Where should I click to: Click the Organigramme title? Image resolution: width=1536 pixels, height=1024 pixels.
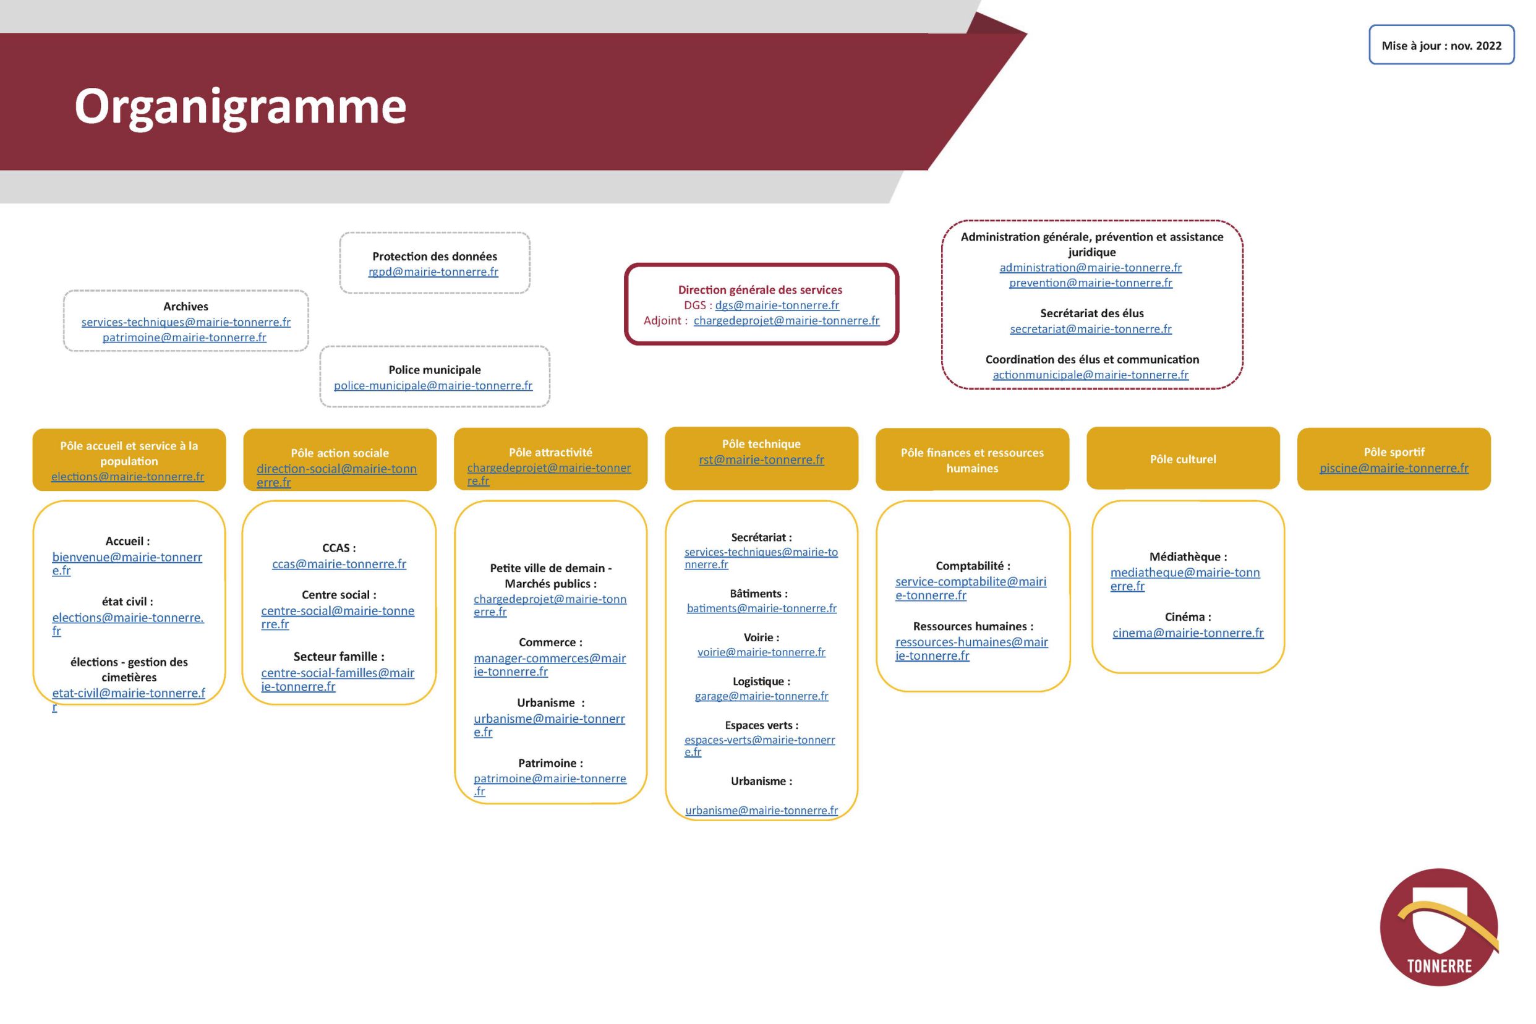coord(240,106)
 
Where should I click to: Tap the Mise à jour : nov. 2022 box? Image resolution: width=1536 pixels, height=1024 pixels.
coord(1441,46)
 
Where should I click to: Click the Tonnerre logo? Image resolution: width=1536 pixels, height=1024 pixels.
coord(1439,928)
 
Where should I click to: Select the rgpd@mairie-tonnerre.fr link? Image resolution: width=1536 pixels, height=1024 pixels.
coord(433,271)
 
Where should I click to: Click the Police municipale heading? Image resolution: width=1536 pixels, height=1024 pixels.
coord(434,370)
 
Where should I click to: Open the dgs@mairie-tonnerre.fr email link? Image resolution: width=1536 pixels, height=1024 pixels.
coord(777,305)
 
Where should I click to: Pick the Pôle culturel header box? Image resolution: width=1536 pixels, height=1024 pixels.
coord(1183,459)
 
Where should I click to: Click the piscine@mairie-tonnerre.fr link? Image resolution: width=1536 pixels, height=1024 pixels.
coord(1394,468)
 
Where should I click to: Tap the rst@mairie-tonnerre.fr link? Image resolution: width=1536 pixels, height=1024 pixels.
coord(761,460)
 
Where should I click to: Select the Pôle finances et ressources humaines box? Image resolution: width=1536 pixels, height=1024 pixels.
coord(972,461)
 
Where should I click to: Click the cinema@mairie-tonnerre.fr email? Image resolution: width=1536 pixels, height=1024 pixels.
coord(1187,633)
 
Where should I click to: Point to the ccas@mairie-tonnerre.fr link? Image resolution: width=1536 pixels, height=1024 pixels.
coord(339,564)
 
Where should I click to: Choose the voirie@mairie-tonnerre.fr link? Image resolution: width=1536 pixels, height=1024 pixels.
coord(761,652)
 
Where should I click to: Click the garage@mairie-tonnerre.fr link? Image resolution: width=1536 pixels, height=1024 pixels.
coord(761,696)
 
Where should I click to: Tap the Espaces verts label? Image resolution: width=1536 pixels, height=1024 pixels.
coord(761,725)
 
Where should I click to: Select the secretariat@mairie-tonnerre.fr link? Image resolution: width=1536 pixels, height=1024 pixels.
coord(1090,329)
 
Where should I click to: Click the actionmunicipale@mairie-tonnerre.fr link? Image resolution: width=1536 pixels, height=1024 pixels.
coord(1090,375)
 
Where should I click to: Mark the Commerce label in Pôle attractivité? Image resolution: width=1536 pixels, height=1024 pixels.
coord(550,642)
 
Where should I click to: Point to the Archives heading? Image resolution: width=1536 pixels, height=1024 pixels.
coord(186,306)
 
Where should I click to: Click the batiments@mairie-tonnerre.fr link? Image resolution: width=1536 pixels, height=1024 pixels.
coord(761,608)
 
